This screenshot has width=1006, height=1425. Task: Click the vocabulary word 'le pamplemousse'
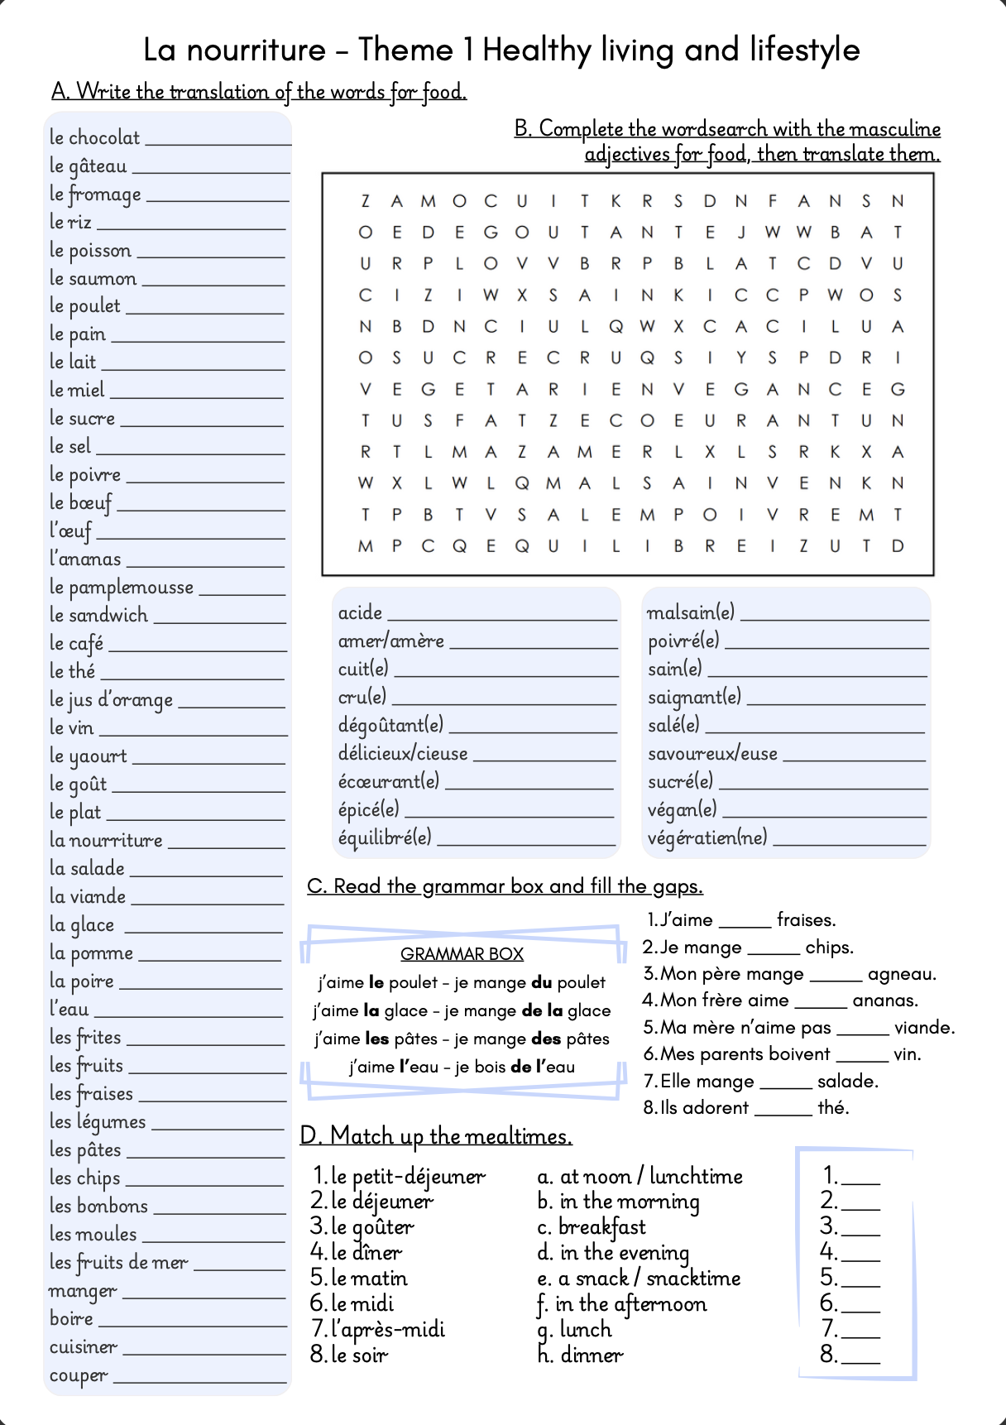click(x=121, y=588)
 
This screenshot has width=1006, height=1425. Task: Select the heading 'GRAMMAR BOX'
click(x=462, y=954)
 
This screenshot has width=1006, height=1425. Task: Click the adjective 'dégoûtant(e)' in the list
click(x=390, y=726)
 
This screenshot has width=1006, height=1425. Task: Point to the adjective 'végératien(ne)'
click(x=707, y=838)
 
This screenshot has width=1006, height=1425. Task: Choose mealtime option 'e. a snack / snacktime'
click(x=639, y=1279)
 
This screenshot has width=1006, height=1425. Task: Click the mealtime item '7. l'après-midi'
click(x=377, y=1330)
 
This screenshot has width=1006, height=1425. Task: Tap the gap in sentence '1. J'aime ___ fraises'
click(x=744, y=925)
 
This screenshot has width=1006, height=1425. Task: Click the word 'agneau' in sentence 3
click(x=902, y=974)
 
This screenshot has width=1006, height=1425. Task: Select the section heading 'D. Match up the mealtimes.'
click(x=436, y=1136)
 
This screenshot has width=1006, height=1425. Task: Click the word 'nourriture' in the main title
click(x=256, y=50)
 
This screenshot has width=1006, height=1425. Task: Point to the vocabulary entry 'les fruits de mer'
click(x=118, y=1263)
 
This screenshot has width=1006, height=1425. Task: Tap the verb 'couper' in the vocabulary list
click(x=79, y=1376)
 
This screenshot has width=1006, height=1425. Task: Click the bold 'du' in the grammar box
click(x=542, y=982)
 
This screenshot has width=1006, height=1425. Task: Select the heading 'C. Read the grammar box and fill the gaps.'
click(x=505, y=886)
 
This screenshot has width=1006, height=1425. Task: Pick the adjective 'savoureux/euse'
click(x=712, y=754)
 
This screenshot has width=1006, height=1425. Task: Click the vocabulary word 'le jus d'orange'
click(x=111, y=700)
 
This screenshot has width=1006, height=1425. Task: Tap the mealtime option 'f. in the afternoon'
click(x=622, y=1304)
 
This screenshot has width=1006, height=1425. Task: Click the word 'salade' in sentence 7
click(x=848, y=1082)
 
